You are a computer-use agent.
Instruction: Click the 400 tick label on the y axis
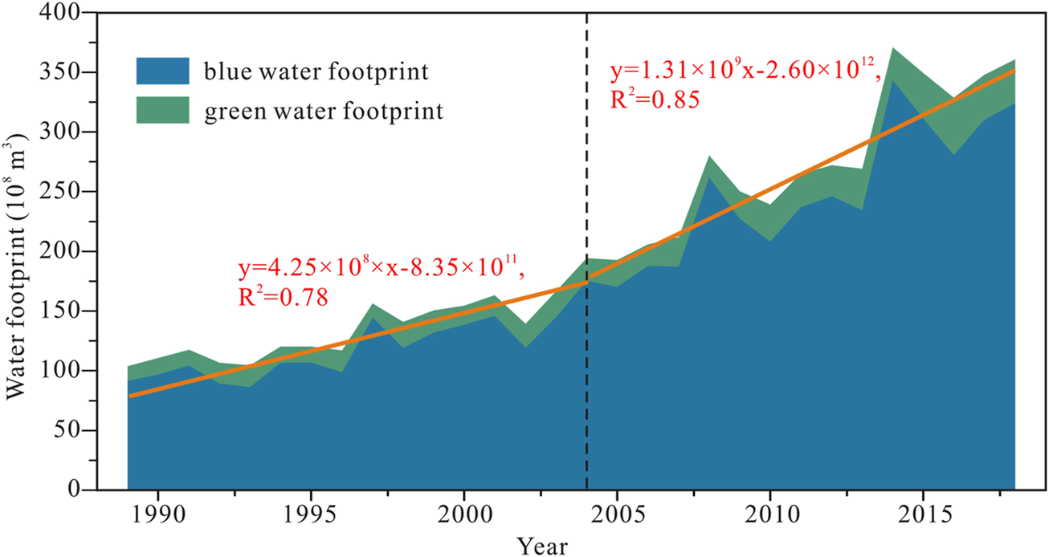click(64, 14)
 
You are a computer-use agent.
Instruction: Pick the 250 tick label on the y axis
click(64, 193)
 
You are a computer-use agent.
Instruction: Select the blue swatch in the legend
click(162, 71)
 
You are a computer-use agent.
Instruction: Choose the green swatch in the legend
click(162, 110)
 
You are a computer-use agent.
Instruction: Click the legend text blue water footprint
click(315, 71)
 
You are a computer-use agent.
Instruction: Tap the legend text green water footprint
click(324, 111)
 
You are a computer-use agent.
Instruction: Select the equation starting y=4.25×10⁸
click(382, 268)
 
